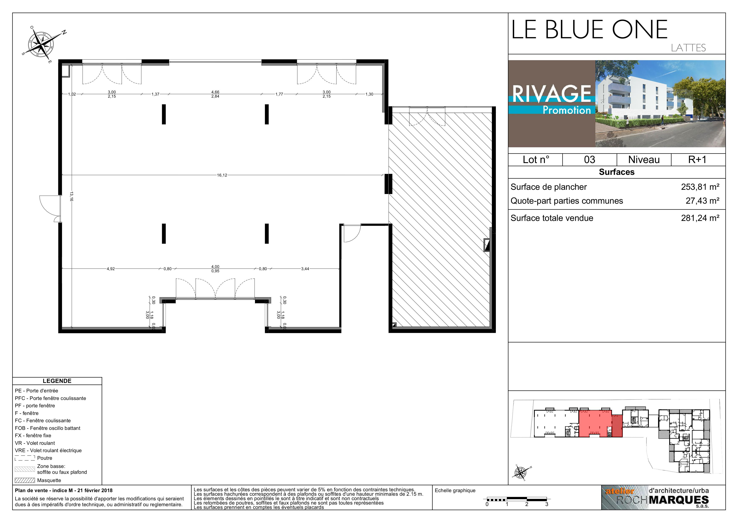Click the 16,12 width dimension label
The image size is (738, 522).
[x=222, y=175]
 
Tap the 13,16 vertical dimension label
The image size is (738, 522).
[x=71, y=196]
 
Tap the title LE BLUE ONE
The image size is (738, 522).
[x=589, y=30]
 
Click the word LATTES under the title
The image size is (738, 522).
[x=688, y=48]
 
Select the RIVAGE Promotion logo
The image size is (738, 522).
[x=552, y=104]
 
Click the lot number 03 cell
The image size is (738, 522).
[x=589, y=160]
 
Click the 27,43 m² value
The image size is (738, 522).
[x=702, y=201]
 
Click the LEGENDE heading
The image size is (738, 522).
[x=57, y=381]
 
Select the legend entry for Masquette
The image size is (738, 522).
[x=49, y=480]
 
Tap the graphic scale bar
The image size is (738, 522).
[x=517, y=499]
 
